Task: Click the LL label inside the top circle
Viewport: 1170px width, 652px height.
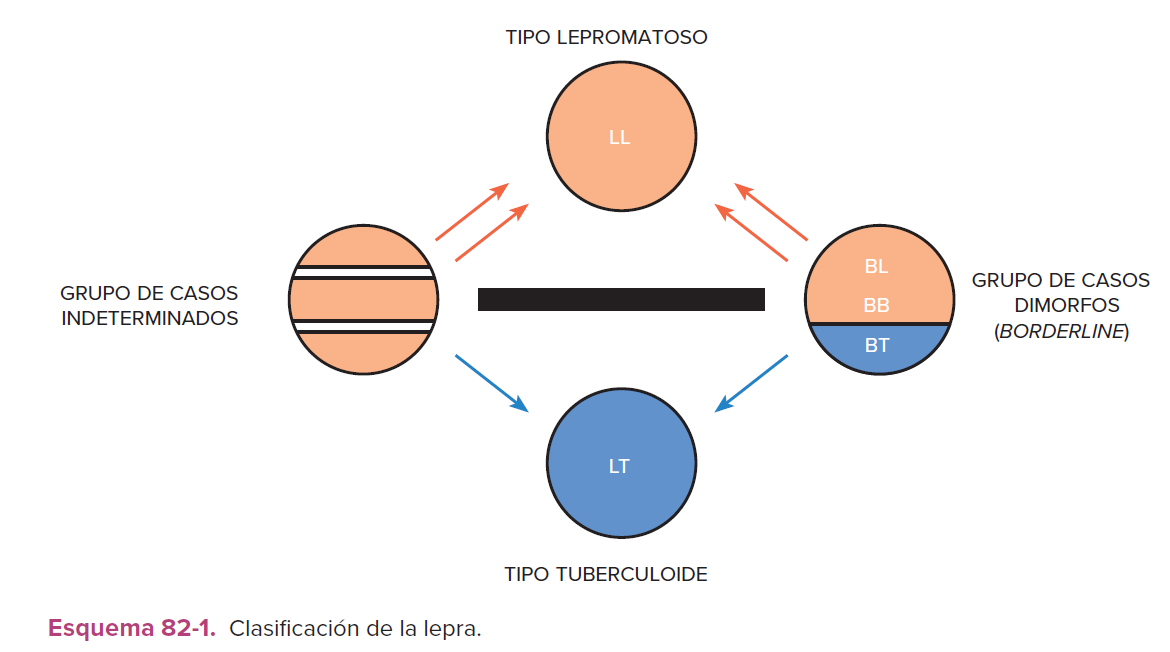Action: coord(619,138)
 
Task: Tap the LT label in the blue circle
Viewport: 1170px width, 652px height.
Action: coord(619,467)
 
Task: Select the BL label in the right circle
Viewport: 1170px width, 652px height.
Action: coord(876,267)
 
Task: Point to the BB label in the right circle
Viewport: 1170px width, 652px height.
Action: coord(876,306)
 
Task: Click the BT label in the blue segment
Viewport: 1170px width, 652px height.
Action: coord(876,346)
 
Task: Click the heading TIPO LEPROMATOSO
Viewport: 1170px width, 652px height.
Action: coord(606,38)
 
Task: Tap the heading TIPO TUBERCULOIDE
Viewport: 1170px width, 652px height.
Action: coord(606,574)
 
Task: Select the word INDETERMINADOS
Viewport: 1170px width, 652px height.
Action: coord(150,319)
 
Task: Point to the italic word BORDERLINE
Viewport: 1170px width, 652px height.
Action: coord(1061,332)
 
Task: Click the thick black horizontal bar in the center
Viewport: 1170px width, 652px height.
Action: coord(621,299)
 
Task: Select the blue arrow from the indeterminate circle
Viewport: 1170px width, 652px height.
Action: coord(491,383)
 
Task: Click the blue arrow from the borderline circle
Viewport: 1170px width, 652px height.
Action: coord(752,383)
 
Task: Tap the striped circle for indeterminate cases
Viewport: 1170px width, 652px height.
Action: coord(362,299)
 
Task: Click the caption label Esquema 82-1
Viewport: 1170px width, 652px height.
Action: coord(131,629)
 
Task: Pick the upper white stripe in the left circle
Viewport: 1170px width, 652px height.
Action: coord(362,272)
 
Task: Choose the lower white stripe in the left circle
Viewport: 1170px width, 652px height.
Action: coord(362,326)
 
